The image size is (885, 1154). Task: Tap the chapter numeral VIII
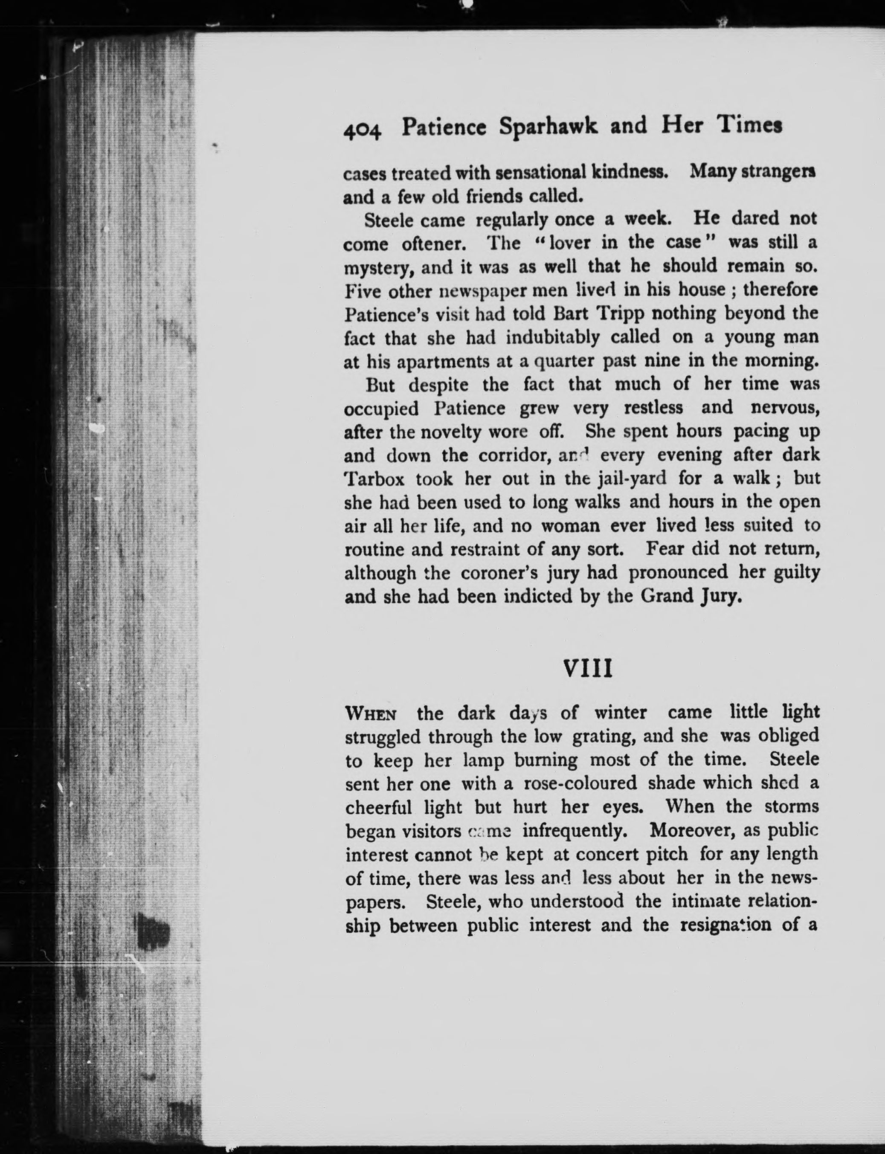tap(588, 670)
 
